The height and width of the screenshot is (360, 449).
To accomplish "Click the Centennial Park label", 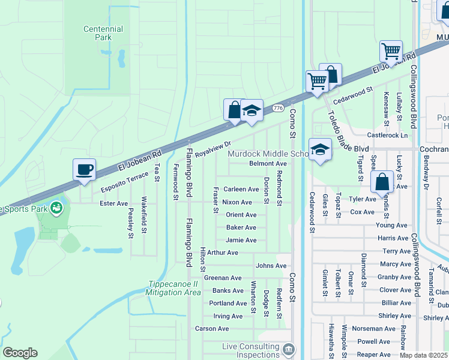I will (103, 33).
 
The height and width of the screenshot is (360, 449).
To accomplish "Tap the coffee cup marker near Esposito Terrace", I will (84, 169).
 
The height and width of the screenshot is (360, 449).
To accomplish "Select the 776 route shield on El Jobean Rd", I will (277, 108).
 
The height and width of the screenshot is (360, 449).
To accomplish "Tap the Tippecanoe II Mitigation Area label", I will (173, 288).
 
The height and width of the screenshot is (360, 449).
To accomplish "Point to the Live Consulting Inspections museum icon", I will (289, 349).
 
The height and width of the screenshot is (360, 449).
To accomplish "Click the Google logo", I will (20, 353).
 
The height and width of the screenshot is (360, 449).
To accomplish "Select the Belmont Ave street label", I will (268, 163).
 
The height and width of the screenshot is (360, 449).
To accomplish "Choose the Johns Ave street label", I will (271, 265).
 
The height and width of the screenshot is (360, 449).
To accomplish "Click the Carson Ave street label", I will (212, 329).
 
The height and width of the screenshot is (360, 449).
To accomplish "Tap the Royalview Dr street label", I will (212, 149).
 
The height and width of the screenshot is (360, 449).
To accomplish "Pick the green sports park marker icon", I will (56, 208).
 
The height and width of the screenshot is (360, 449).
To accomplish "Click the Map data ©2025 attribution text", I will (424, 355).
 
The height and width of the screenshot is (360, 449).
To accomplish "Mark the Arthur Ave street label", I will (223, 253).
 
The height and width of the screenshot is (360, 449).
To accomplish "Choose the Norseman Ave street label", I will (373, 329).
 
